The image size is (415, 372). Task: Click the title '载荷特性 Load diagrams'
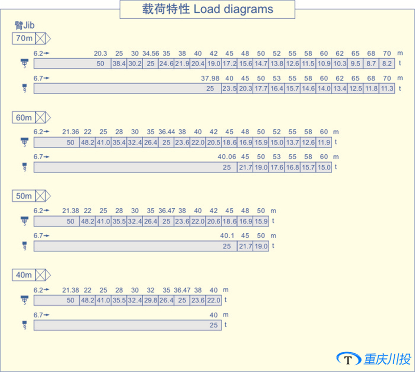(207, 9)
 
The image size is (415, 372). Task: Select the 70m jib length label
(24, 38)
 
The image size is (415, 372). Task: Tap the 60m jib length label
(24, 117)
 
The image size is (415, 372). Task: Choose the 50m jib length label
(24, 196)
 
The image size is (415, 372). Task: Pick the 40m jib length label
(24, 275)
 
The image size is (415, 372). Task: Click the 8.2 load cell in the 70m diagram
(386, 63)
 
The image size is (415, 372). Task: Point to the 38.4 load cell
(119, 63)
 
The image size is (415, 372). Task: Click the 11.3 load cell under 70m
(386, 88)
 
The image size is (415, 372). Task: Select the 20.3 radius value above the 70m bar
(101, 54)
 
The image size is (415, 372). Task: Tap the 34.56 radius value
(150, 54)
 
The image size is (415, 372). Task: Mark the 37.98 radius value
(210, 78)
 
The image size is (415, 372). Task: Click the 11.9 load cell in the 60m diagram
(324, 142)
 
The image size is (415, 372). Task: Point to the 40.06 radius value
(227, 157)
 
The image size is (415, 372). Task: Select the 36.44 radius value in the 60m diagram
(167, 132)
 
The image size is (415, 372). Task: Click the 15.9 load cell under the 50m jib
(261, 221)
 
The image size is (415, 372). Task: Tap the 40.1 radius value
(227, 236)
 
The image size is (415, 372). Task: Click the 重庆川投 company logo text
(386, 359)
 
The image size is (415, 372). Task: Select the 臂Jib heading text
(24, 26)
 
